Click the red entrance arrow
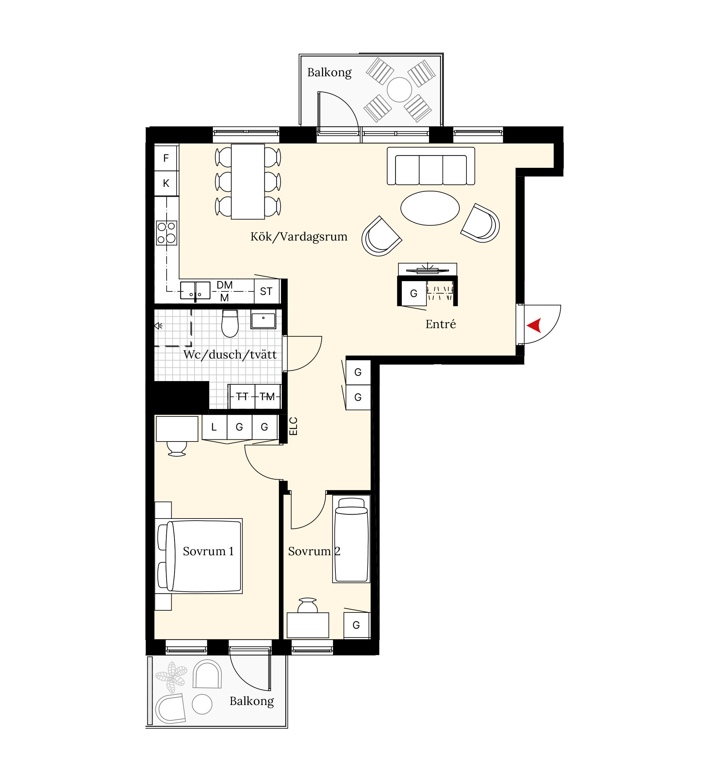[534, 325]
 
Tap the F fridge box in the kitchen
[166, 158]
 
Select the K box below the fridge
[166, 183]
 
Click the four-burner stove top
[167, 232]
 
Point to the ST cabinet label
[266, 291]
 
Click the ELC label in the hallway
[293, 426]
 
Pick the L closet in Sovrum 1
[214, 427]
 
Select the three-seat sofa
[431, 166]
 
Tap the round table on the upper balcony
[399, 89]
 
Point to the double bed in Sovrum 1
[199, 556]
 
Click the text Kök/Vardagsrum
[299, 237]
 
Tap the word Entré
[441, 324]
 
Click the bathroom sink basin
[263, 320]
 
